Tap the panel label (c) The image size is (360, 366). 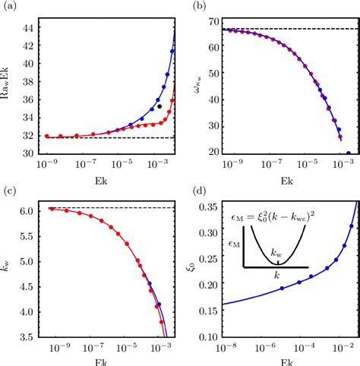pyautogui.click(x=10, y=192)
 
